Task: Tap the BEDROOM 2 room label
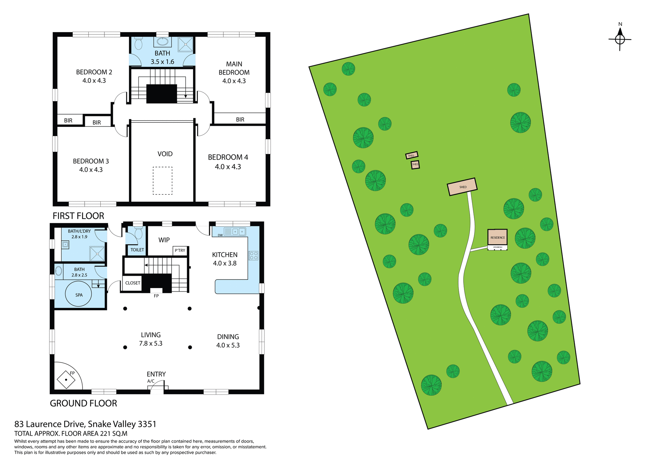tap(94, 72)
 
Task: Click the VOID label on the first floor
tap(165, 154)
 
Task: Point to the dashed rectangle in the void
tap(162, 181)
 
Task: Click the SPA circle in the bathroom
tap(79, 295)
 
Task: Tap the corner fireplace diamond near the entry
tap(66, 379)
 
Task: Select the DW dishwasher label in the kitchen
tap(220, 235)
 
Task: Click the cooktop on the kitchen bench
tap(253, 255)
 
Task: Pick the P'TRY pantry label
tap(180, 250)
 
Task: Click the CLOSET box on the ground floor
tap(132, 283)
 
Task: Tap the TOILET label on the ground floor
tap(137, 250)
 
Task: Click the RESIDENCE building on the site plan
tap(497, 237)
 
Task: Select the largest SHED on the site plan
tap(462, 187)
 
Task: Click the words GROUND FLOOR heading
tap(83, 403)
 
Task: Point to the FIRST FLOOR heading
tap(78, 216)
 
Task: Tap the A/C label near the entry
tap(151, 381)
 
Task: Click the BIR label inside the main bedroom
tap(240, 120)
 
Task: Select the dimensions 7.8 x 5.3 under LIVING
tap(150, 343)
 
